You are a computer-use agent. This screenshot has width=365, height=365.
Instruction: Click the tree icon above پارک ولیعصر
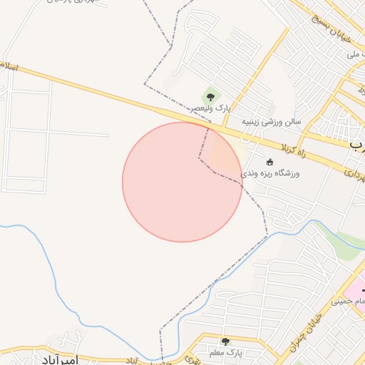[210, 97]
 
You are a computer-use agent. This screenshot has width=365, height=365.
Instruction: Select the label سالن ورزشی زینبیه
[271, 121]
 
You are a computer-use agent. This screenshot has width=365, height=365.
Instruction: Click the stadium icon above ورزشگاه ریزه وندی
[269, 161]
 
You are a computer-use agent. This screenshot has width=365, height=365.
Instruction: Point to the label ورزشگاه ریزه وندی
[270, 173]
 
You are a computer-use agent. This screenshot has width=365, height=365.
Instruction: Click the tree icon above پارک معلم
[225, 342]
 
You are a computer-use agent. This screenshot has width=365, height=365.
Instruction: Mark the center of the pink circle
[182, 182]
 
